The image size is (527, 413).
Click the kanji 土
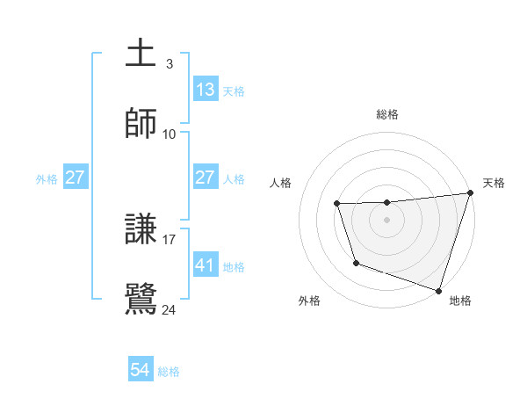141,53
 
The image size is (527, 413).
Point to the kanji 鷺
141,298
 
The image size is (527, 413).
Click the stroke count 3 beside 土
169,63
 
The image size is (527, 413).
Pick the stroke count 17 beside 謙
170,238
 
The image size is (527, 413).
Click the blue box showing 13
205,90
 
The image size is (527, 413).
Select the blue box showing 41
205,264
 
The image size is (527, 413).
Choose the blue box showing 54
141,370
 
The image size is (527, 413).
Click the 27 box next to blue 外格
75,178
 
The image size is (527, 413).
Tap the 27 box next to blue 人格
205,178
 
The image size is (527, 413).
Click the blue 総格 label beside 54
169,372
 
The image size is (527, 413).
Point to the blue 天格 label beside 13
234,91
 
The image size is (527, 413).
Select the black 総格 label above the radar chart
387,114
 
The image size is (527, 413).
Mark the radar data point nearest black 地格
438,290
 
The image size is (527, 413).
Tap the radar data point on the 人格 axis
337,204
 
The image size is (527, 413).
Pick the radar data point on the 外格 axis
356,263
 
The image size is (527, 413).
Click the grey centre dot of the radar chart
387,220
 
